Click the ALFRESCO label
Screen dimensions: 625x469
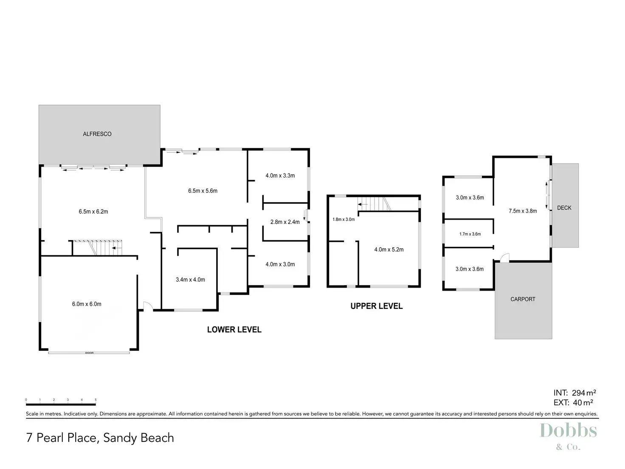click(x=97, y=134)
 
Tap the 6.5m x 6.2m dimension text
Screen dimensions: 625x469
click(x=93, y=212)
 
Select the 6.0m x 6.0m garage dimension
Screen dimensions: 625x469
click(x=87, y=304)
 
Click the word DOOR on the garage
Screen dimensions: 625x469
click(x=89, y=353)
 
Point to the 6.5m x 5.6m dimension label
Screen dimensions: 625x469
click(x=203, y=191)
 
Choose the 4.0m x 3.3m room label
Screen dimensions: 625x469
click(x=280, y=175)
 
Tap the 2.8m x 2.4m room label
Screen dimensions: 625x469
click(x=285, y=222)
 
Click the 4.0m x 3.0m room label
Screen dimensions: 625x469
click(x=280, y=264)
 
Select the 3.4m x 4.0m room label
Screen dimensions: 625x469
click(x=190, y=280)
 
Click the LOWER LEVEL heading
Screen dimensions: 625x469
click(x=234, y=330)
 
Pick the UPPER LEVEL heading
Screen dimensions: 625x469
click(x=376, y=306)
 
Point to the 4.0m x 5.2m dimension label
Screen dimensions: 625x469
click(x=389, y=250)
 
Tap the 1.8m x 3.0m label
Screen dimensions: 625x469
click(x=343, y=220)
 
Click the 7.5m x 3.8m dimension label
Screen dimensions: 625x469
click(x=523, y=211)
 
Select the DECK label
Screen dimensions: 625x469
click(x=564, y=208)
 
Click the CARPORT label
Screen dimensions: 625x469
click(x=523, y=299)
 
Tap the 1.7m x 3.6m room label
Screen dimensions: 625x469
click(x=470, y=234)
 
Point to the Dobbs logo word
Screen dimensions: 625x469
click(x=568, y=431)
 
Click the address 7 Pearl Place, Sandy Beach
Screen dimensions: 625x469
click(x=100, y=438)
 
